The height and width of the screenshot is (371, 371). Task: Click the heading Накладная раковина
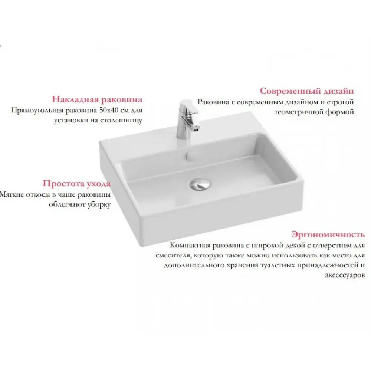coord(97,99)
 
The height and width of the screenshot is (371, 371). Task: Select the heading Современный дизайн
coord(307,91)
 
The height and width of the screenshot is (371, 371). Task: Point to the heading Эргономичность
coord(328,234)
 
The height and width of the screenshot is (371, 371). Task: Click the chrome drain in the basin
coord(200,184)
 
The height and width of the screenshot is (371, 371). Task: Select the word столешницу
coord(121,121)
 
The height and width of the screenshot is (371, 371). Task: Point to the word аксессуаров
coord(345,275)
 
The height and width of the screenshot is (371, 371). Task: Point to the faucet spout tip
coord(196,129)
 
